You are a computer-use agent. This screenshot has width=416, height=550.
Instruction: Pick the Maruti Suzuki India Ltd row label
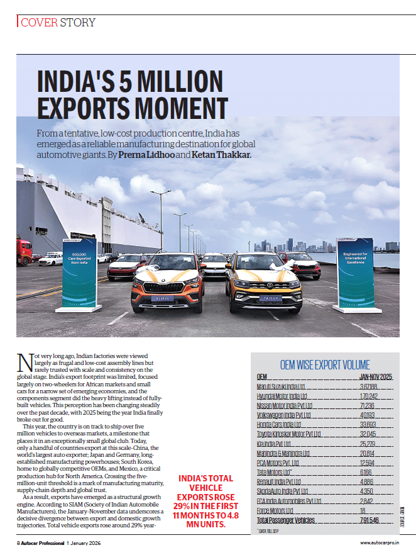click(x=281, y=386)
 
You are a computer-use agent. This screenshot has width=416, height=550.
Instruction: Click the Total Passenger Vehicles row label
click(x=286, y=520)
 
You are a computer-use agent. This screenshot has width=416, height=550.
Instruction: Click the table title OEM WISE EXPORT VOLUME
click(x=324, y=365)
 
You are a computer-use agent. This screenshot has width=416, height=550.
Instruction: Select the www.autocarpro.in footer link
click(x=380, y=542)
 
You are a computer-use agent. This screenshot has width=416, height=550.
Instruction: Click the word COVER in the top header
click(x=40, y=22)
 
